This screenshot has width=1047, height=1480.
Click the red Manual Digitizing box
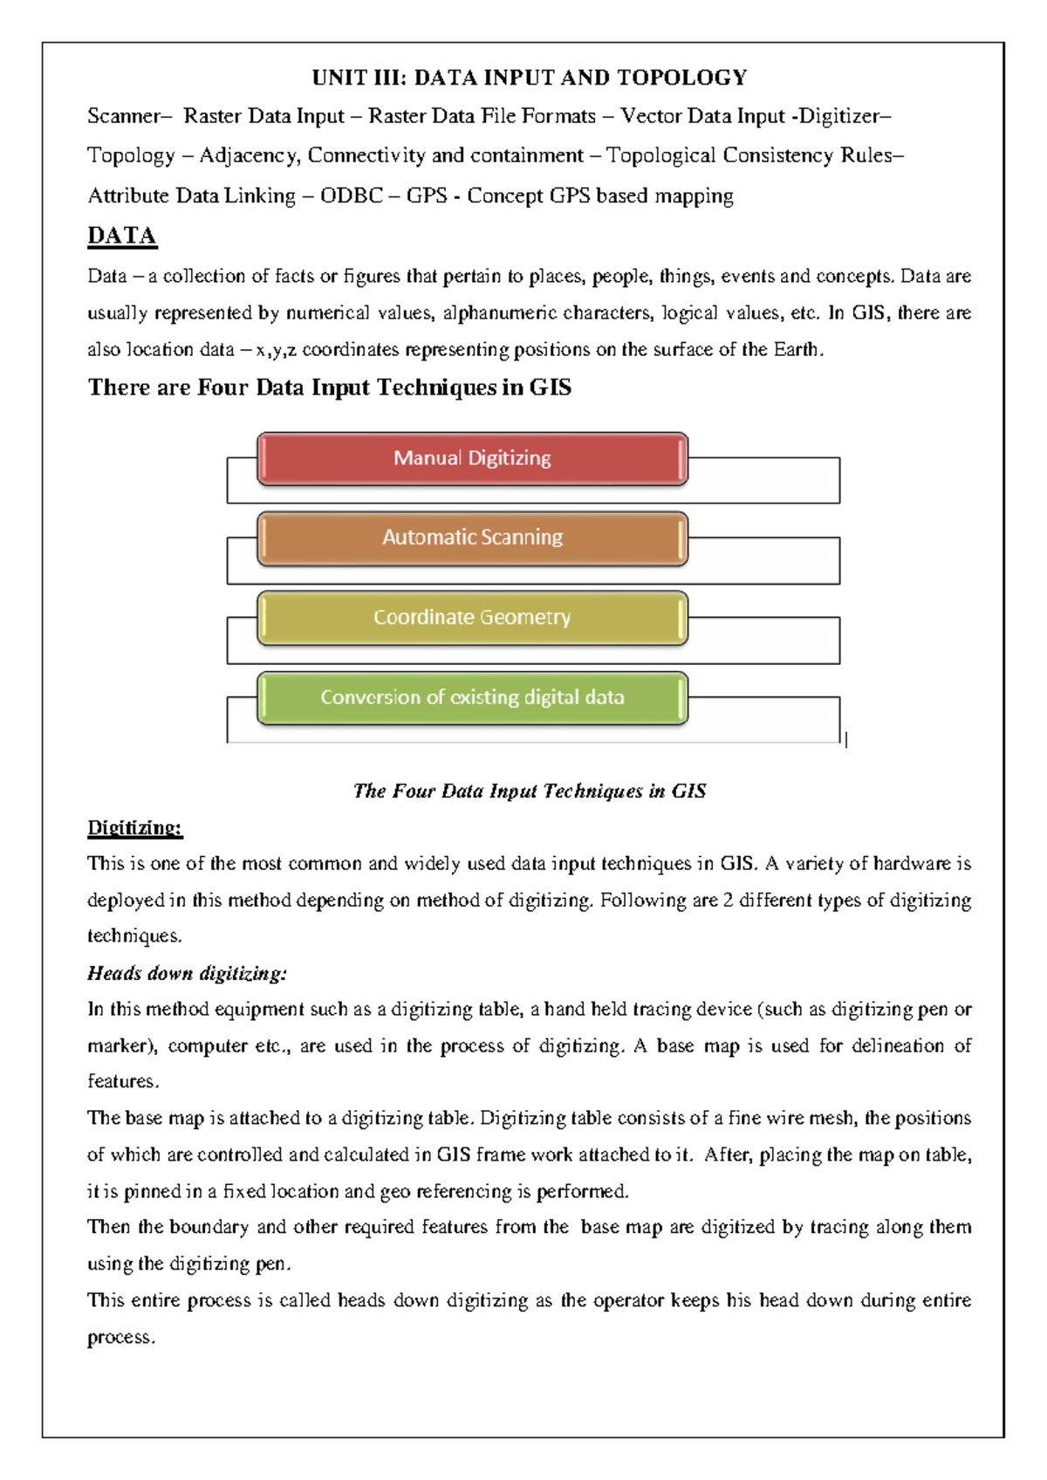tap(472, 458)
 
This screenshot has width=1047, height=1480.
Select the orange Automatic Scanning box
tap(472, 538)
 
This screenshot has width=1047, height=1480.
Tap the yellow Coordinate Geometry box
tap(472, 618)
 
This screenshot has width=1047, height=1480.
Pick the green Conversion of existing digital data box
tap(472, 698)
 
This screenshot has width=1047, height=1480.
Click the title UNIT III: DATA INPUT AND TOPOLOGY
tap(530, 79)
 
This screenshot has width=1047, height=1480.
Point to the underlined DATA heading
tap(122, 236)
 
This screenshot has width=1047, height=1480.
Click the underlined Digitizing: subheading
tap(134, 828)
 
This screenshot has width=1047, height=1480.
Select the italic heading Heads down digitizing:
tap(187, 973)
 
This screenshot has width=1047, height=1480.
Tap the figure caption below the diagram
tap(530, 791)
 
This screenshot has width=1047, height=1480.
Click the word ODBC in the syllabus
tap(351, 196)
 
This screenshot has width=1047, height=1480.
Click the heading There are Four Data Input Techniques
tap(329, 387)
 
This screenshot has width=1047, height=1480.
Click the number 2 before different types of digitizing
tap(728, 901)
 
